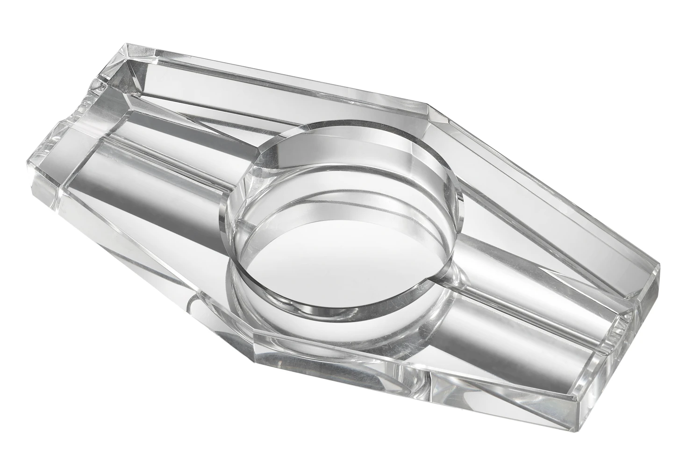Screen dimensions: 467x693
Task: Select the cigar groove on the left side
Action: [154, 177]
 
